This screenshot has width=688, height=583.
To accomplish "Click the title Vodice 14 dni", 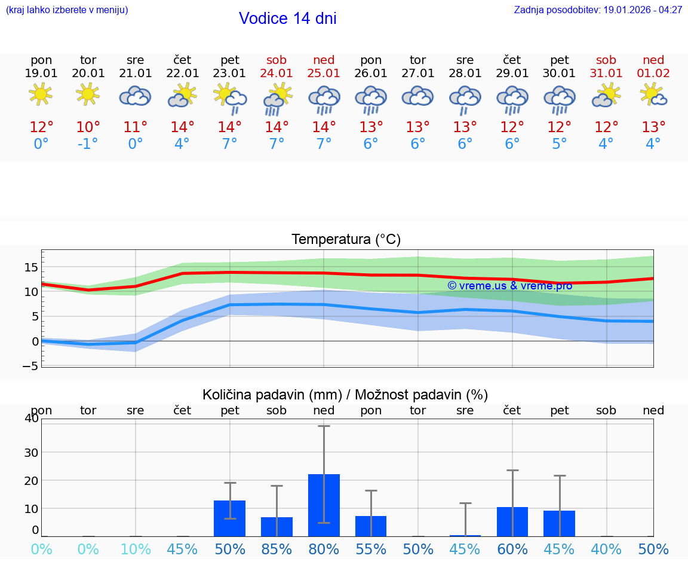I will click(x=287, y=19).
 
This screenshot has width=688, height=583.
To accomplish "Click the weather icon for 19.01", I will click(x=41, y=94).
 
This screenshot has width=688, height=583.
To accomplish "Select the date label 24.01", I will click(x=277, y=73).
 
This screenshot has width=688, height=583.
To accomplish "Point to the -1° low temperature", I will click(x=88, y=144).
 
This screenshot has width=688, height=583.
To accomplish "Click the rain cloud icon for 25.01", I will click(x=324, y=99).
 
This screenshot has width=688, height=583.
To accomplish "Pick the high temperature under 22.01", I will click(x=182, y=127).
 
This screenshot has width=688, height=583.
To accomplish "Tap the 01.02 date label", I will click(x=653, y=73).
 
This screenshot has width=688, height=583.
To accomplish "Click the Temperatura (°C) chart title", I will click(x=346, y=240).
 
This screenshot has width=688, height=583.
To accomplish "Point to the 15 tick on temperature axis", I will click(x=32, y=267).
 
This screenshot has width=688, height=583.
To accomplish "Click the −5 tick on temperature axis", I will click(x=30, y=366).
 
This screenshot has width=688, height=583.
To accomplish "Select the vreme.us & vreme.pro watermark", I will click(x=510, y=286).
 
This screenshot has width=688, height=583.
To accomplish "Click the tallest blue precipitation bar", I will click(x=324, y=505).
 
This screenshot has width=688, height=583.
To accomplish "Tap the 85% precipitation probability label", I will click(x=277, y=549).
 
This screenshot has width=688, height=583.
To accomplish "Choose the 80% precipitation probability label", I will click(x=324, y=549).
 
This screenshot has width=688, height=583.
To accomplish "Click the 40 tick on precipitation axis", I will click(x=32, y=419).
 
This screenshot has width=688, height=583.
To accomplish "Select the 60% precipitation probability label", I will click(x=512, y=549).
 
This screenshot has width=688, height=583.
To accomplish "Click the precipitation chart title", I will click(x=345, y=395).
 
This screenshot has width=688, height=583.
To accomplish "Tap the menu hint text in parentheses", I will click(x=66, y=10).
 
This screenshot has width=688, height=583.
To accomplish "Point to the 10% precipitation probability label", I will click(x=136, y=549).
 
